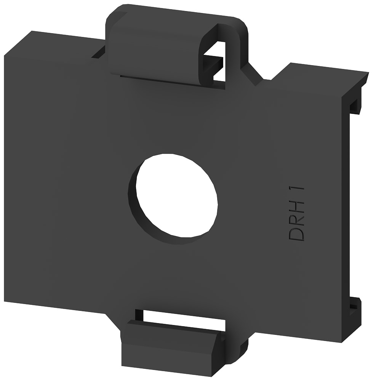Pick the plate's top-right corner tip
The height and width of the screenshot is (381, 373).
point(368,72)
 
